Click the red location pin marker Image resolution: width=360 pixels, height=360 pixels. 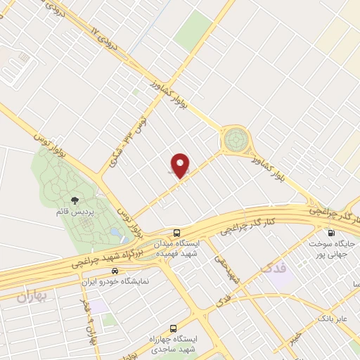[181, 166]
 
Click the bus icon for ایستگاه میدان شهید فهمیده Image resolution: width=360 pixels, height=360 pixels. [178, 232]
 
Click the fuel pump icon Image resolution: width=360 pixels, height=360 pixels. [330, 233]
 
